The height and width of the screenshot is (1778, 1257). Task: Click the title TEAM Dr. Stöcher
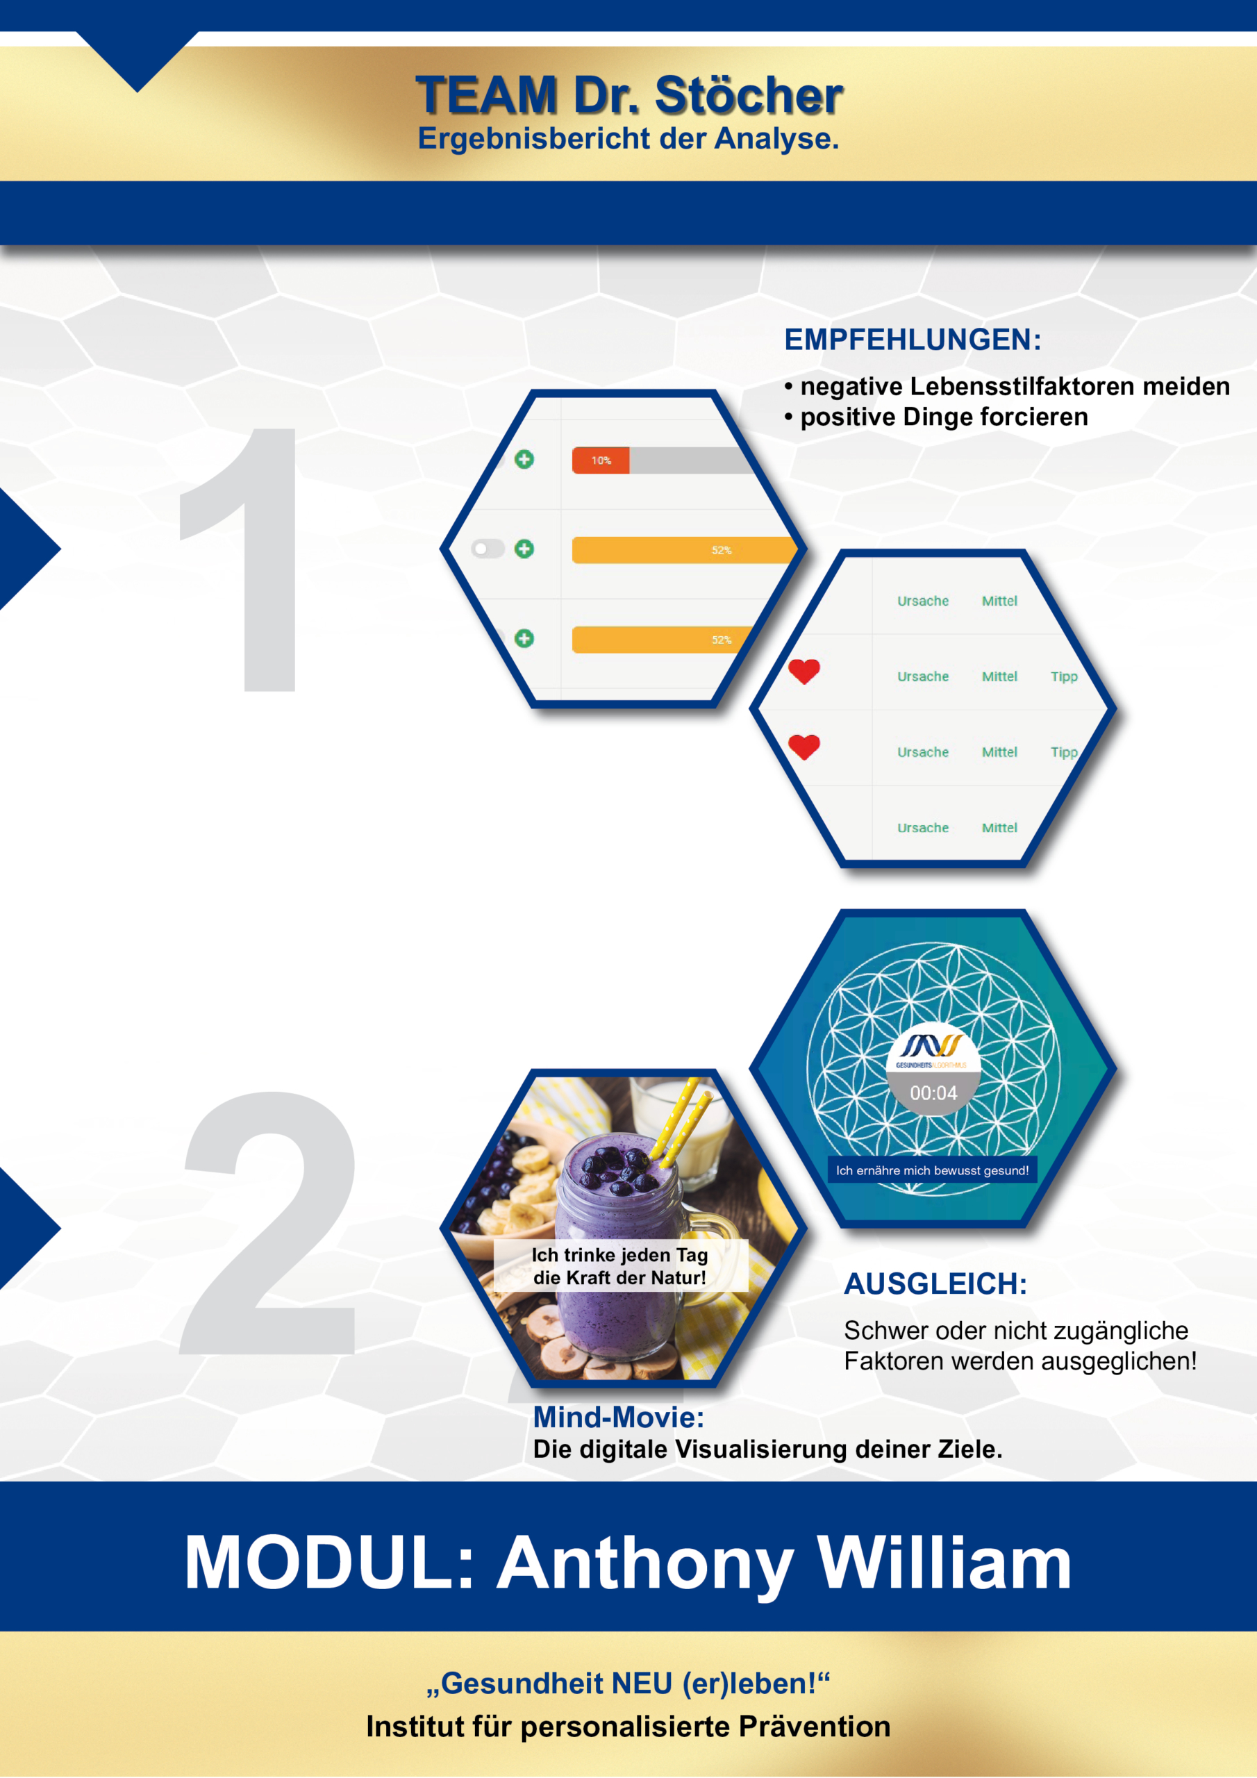click(x=629, y=95)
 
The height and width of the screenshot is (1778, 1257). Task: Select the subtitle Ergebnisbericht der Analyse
click(x=628, y=139)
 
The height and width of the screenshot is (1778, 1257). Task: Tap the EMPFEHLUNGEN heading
click(x=913, y=340)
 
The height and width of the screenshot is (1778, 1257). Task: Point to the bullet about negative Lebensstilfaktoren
click(x=1007, y=385)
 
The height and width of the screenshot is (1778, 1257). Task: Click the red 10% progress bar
click(x=600, y=460)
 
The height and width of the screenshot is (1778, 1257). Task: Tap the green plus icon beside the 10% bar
click(x=524, y=459)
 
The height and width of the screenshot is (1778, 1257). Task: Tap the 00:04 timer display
click(x=933, y=1092)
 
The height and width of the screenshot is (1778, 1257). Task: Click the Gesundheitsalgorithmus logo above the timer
click(x=933, y=1050)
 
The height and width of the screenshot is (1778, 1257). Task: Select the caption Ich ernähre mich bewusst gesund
click(x=933, y=1170)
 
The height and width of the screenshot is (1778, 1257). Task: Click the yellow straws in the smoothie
click(x=681, y=1120)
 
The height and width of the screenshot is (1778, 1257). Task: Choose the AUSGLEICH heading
click(x=935, y=1284)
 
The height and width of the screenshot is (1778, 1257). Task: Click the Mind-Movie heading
click(x=619, y=1417)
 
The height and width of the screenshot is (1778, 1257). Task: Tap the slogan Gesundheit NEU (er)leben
click(x=628, y=1684)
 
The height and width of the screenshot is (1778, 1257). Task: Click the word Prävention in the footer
click(x=815, y=1727)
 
